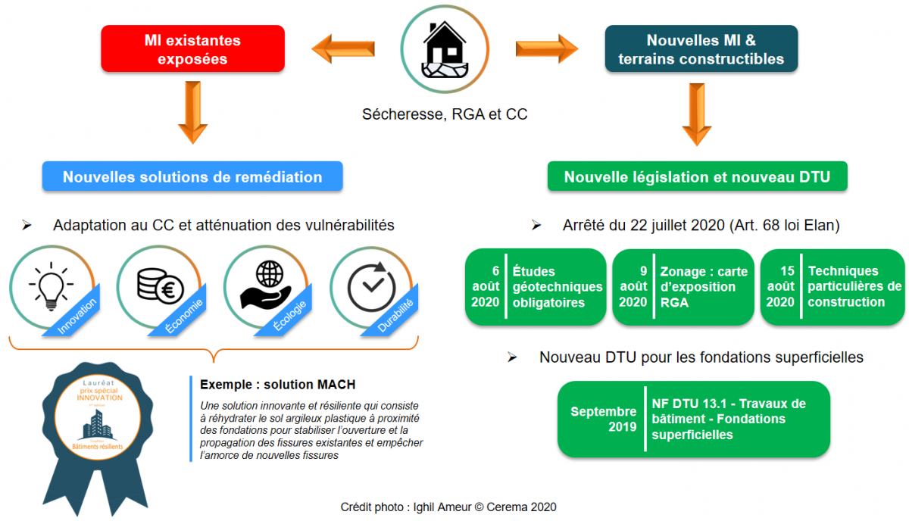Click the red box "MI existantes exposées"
coord(192,50)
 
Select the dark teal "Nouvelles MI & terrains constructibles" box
coord(701,50)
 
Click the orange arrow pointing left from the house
coord(344,50)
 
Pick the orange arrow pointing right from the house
coord(546,48)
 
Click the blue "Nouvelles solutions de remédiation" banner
coord(192,177)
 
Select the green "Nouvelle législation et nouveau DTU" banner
coord(697,177)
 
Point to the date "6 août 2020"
coord(486,287)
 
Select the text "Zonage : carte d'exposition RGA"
coord(703,287)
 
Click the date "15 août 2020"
coord(780,286)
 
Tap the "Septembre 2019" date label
coord(603,419)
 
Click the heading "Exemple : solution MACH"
coord(277,384)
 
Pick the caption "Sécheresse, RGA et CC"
coord(445,114)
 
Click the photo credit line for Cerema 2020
coord(448,507)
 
